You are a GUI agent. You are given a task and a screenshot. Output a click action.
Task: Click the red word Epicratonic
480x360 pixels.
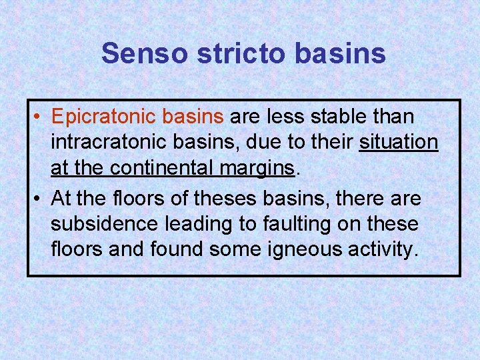[102, 117]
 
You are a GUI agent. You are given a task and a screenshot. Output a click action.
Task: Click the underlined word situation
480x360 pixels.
[399, 143]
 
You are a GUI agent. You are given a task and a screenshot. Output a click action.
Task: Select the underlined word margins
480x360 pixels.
[257, 168]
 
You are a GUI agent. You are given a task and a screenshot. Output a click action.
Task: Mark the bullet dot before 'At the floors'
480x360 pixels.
[40, 198]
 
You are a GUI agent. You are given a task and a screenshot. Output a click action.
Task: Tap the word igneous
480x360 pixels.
[299, 249]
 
